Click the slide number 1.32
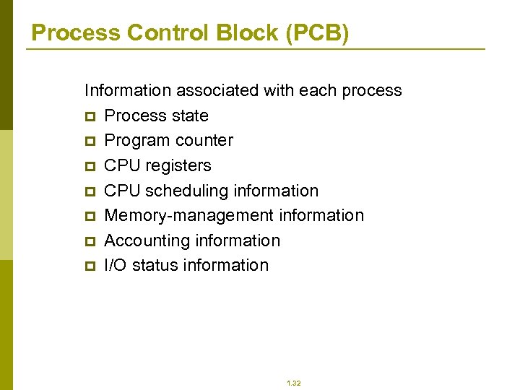pyautogui.click(x=293, y=383)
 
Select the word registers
pyautogui.click(x=178, y=165)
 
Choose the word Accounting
pyautogui.click(x=143, y=240)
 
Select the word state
pyautogui.click(x=189, y=116)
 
